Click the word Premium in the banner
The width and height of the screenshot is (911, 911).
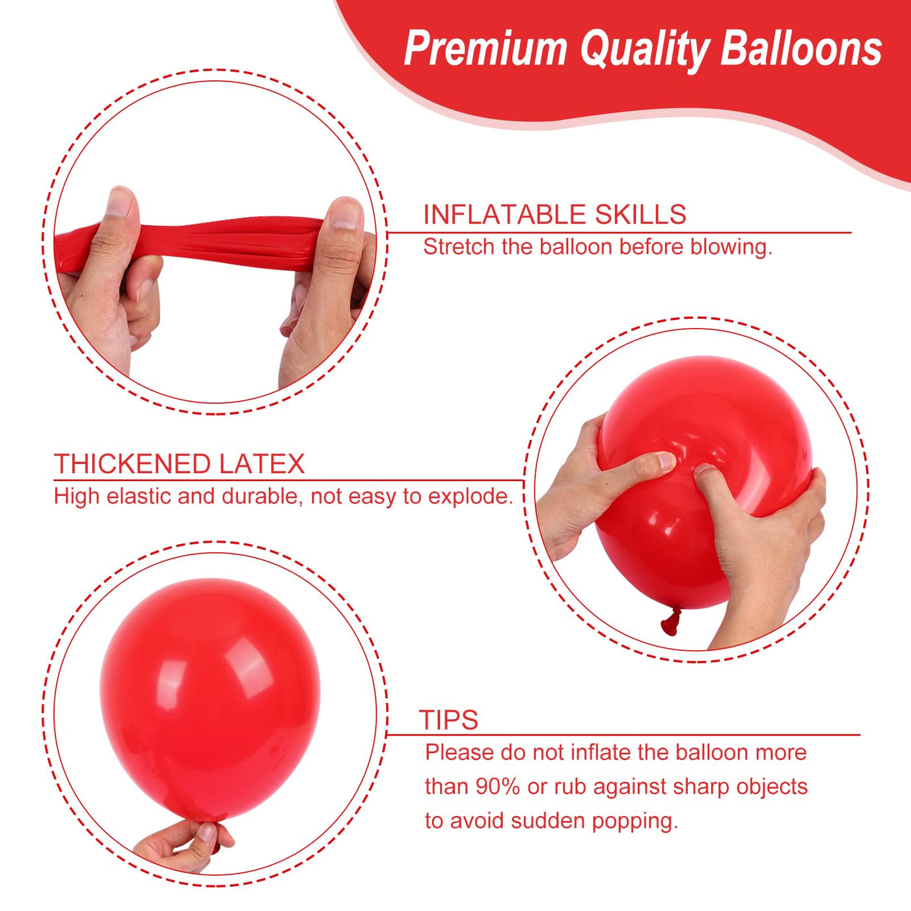coord(485,49)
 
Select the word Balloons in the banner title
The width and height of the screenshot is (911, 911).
coord(801,49)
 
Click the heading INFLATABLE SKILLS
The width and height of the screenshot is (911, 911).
coord(554,215)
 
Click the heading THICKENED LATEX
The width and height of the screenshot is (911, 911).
coord(179,464)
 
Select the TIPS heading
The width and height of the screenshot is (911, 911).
coord(448,720)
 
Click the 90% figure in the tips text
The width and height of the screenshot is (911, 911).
coord(498,787)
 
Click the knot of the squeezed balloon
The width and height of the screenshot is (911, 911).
coord(671,621)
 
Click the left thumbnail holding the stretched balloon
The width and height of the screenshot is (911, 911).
coord(119,202)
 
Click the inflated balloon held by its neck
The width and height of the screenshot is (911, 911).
coord(210,696)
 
